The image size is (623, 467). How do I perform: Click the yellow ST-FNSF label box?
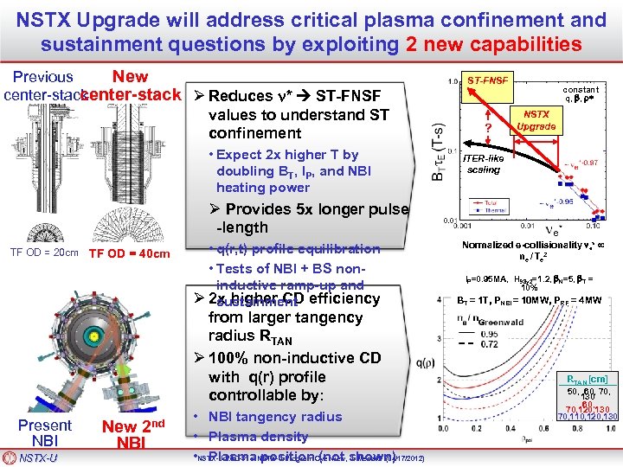(x=488, y=80)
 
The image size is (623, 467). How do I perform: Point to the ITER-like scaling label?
(x=484, y=164)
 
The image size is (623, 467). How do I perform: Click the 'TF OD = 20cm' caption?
(x=44, y=253)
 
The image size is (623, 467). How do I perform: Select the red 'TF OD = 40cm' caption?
(x=129, y=254)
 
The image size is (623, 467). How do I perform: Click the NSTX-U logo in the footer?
(x=38, y=457)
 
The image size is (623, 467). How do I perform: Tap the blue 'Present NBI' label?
(x=44, y=432)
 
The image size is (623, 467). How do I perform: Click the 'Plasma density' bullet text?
(x=260, y=437)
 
